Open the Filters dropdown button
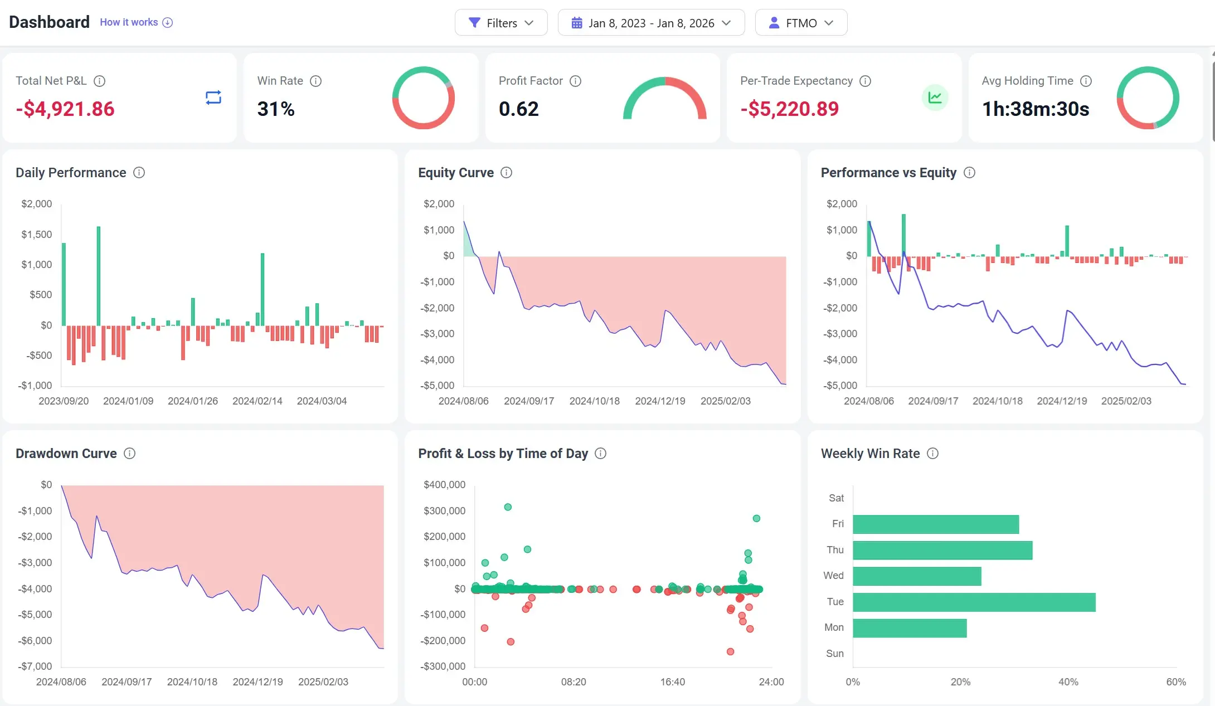point(500,23)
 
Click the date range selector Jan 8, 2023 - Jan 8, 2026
point(650,23)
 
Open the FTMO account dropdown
point(800,23)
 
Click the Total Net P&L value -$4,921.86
point(65,109)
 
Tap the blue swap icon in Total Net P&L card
point(213,98)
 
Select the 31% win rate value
point(276,109)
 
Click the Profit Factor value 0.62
point(518,109)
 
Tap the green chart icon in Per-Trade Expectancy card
point(935,98)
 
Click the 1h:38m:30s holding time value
point(1035,109)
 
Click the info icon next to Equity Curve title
point(506,173)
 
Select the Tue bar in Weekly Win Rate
point(973,602)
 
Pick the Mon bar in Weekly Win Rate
point(909,628)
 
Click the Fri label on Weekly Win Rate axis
point(837,524)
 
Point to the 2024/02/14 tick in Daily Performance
point(257,401)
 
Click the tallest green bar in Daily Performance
point(99,276)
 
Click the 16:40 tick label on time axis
point(672,682)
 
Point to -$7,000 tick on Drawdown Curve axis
point(35,666)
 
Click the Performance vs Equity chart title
point(888,173)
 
